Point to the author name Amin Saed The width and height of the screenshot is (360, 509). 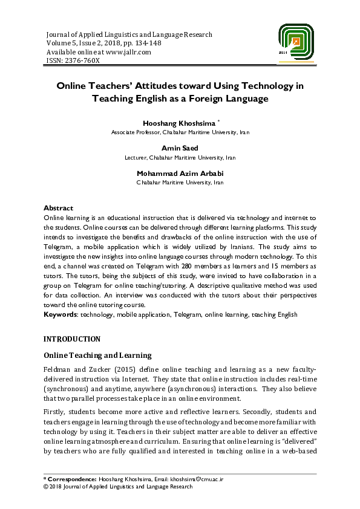click(x=180, y=148)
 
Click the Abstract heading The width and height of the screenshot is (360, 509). click(x=59, y=208)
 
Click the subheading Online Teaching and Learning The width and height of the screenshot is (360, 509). click(x=97, y=355)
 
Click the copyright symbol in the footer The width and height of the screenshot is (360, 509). click(x=47, y=486)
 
